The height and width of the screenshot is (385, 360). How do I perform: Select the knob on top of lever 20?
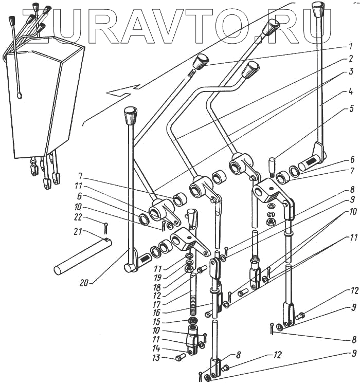pyautogui.click(x=131, y=115)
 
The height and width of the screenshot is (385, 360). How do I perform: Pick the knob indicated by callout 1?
pyautogui.click(x=199, y=62)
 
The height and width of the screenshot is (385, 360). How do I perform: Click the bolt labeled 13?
pyautogui.click(x=181, y=357)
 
